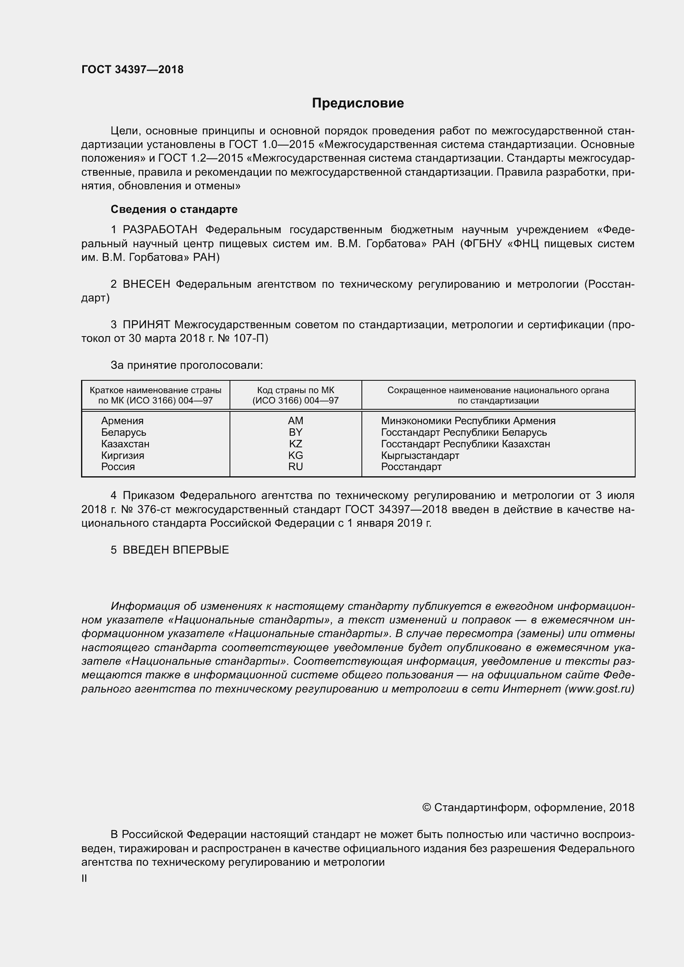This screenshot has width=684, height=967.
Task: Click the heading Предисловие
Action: (358, 103)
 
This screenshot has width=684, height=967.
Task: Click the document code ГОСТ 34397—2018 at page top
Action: (132, 70)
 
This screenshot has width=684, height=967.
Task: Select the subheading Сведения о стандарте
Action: (174, 209)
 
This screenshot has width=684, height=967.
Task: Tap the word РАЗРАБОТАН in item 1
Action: (160, 230)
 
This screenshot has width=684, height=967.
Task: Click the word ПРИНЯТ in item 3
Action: (146, 325)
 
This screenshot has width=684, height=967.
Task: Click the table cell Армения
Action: (122, 421)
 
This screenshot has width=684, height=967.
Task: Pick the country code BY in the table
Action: (295, 432)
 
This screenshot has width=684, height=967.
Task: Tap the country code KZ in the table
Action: (295, 444)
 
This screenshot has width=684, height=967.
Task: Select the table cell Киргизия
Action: (122, 455)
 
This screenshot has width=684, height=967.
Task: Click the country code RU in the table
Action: (295, 467)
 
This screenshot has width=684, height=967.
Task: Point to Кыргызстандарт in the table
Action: (420, 455)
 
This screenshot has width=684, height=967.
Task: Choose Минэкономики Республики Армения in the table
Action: (468, 421)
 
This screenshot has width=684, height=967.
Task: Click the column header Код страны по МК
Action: (295, 390)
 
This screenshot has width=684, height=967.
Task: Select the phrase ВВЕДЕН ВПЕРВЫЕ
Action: (176, 550)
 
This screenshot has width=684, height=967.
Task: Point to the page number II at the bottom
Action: (84, 879)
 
